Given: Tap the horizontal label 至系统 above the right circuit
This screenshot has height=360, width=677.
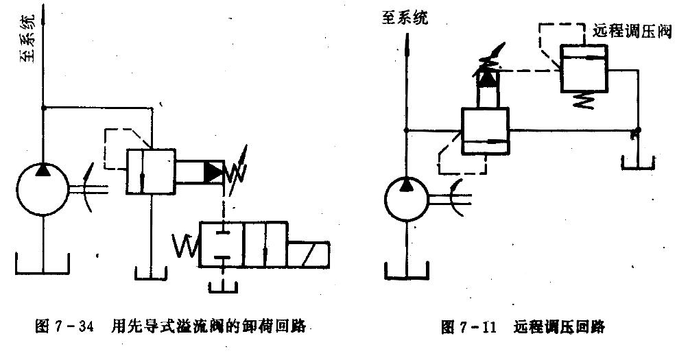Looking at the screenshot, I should pos(405,18).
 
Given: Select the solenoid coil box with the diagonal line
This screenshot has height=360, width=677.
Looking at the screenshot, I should pos(308,254).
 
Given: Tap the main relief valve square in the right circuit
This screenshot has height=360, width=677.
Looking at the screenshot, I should pos(485,132).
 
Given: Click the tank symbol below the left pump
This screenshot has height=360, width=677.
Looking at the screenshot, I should pos(43,266).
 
